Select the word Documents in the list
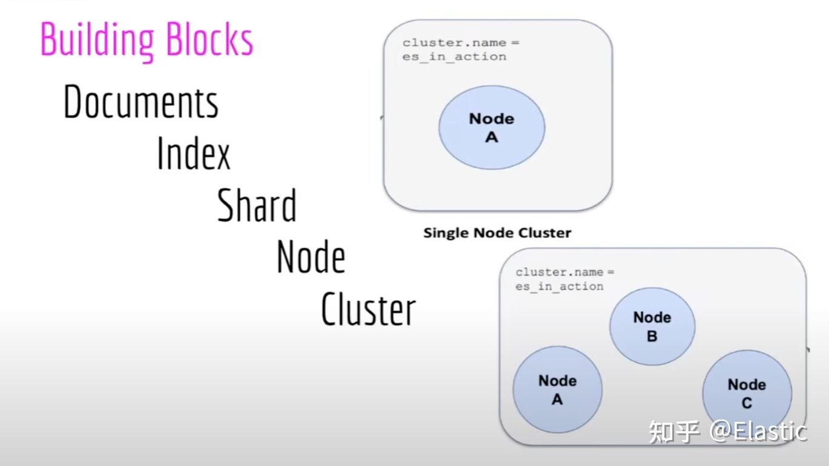coord(140,102)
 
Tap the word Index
coord(194,153)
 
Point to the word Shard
coord(257,205)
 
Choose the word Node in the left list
coord(311,257)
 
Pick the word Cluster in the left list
coord(369,309)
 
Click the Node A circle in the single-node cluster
coord(491,128)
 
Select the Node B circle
coord(652,326)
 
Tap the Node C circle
coord(747,393)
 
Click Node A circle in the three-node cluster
coord(557,389)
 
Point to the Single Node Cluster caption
coord(497,233)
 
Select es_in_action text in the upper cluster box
coord(454,57)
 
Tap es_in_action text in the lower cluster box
coord(559,286)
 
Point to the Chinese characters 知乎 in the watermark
coord(674,432)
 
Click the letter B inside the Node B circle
coord(652,337)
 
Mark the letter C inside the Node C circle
coord(747,403)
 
